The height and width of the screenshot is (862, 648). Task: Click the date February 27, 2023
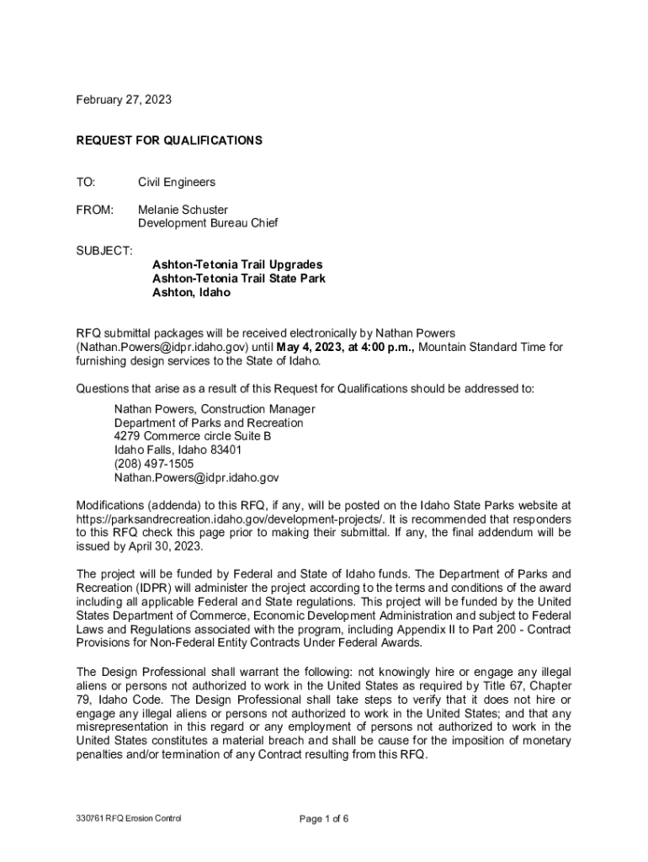click(x=124, y=100)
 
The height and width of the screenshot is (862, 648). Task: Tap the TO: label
click(x=86, y=182)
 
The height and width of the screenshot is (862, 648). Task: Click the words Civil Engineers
click(x=177, y=182)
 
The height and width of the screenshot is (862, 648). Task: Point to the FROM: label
click(x=95, y=209)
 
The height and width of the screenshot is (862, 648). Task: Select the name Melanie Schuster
click(x=183, y=209)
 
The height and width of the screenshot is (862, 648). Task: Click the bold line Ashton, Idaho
click(x=191, y=292)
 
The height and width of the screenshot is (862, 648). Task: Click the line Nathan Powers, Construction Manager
click(x=215, y=409)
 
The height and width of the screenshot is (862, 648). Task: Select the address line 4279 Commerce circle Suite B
click(x=193, y=436)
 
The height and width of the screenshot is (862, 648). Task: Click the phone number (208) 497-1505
click(x=154, y=464)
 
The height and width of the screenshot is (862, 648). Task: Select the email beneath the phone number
click(x=196, y=477)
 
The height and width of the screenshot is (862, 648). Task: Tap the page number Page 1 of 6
click(x=324, y=818)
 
